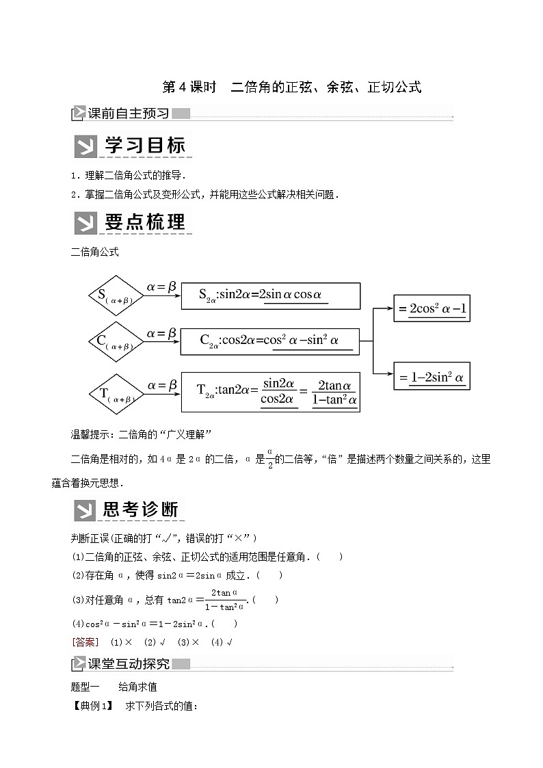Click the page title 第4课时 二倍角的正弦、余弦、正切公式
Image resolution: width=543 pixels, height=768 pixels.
click(291, 87)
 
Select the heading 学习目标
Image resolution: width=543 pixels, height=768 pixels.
click(133, 146)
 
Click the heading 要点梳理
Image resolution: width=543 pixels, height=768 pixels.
click(133, 223)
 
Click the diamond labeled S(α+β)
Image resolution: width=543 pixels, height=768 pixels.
click(114, 296)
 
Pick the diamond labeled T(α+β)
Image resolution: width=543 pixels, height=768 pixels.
click(114, 393)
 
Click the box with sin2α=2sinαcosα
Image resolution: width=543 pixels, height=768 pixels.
click(270, 295)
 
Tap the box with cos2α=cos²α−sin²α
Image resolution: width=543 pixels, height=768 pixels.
click(270, 340)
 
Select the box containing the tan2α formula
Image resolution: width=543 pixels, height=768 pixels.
click(270, 393)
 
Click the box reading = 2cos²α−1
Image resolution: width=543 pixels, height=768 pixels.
click(432, 309)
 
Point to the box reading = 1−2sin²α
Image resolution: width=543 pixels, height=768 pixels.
click(432, 376)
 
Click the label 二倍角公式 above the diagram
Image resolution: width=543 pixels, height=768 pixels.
click(95, 252)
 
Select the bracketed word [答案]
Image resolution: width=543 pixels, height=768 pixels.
click(85, 642)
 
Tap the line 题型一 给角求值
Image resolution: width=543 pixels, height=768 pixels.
click(114, 687)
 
